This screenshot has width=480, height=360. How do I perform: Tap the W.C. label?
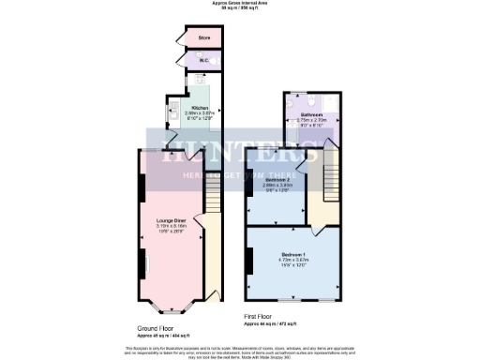click(x=202, y=60)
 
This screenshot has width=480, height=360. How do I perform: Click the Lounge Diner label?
click(x=171, y=219)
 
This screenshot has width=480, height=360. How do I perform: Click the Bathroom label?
click(x=312, y=114)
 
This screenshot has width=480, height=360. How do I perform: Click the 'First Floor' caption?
click(x=264, y=317)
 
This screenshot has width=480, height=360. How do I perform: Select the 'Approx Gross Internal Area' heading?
click(x=240, y=5)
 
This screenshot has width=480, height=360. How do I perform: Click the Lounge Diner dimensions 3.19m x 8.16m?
click(x=171, y=226)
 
